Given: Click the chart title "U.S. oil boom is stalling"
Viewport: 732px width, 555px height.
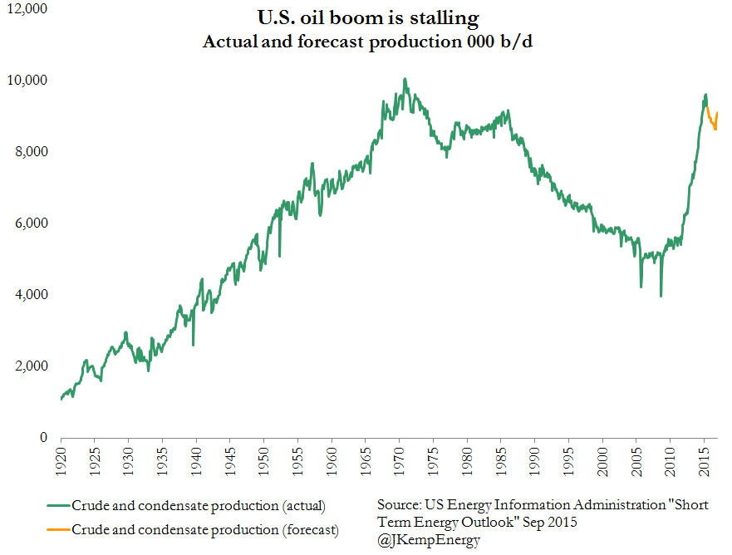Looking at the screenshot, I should pos(367,17).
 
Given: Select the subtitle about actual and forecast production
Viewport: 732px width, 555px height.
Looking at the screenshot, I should pos(367,42).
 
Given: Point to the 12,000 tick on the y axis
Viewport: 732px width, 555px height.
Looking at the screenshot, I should pos(27,9).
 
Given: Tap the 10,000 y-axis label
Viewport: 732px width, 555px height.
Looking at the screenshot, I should pos(27,81).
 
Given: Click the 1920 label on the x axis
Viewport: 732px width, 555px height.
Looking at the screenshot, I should pos(61,461).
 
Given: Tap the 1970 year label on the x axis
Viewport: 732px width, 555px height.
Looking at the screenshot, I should pos(402,461).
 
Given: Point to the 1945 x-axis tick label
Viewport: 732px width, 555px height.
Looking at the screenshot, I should pos(232,461).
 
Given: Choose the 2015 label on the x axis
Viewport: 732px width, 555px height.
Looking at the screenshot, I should pos(709,461).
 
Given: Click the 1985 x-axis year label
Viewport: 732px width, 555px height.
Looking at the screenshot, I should pos(504,461).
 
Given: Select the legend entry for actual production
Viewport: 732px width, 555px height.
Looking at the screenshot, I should pos(198,506).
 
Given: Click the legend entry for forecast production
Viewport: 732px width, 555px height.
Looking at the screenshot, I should pos(204,529).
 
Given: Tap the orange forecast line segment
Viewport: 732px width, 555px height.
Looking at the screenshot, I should pos(712,121).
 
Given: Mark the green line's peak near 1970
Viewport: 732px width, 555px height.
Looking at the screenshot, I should pos(405,80).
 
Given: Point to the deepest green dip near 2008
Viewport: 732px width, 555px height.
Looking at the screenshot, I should pos(661,295).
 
